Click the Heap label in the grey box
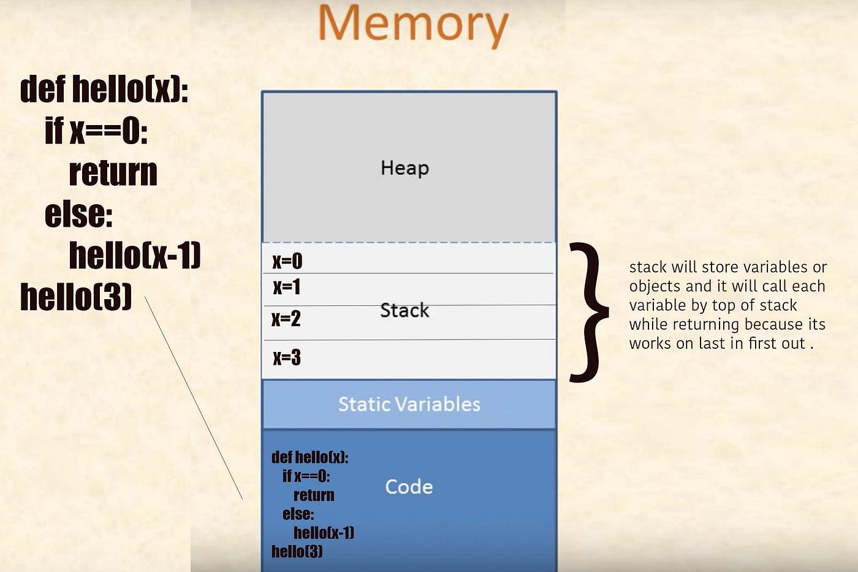404,168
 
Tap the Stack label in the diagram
404,310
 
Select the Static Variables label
409,404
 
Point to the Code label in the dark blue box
409,487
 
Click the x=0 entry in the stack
287,261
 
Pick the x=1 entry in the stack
287,287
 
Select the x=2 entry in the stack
286,319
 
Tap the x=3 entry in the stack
287,357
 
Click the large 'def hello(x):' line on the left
104,90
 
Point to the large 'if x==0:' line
96,131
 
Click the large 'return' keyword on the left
113,172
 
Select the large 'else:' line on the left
79,214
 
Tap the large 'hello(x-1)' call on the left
135,255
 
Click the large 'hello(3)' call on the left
76,297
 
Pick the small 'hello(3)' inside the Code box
297,551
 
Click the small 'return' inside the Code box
314,495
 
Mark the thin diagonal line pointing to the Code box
194,398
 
